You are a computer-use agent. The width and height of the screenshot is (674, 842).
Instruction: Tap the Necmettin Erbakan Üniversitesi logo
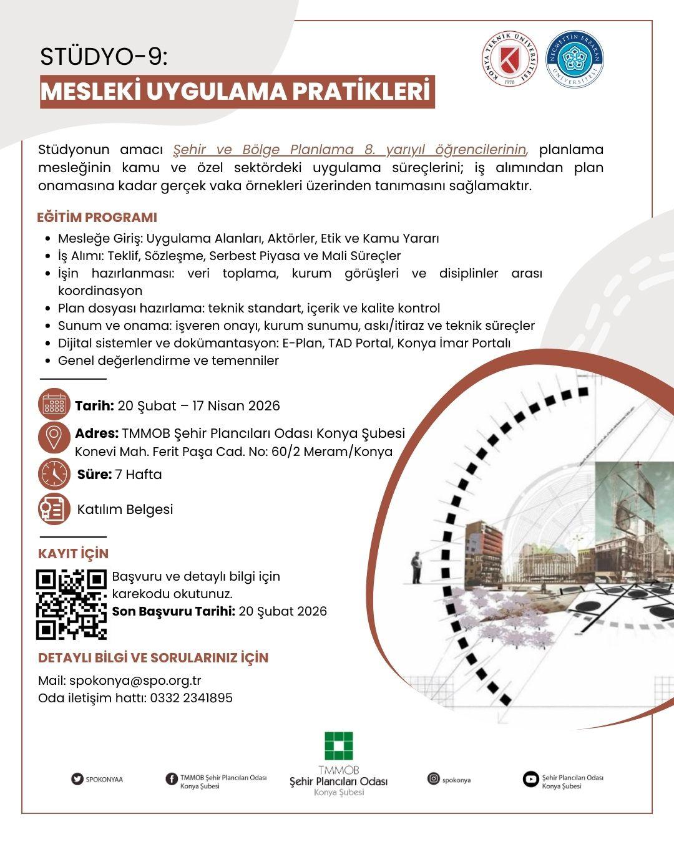[574, 60]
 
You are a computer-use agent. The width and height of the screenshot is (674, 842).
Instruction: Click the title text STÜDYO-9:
[104, 57]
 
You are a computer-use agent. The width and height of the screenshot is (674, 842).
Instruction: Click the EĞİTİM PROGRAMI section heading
[97, 218]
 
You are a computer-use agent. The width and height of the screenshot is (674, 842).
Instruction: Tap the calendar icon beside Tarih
[54, 405]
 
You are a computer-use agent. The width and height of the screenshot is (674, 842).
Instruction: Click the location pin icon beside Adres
[54, 437]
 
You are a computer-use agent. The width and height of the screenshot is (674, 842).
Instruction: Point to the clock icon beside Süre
[54, 474]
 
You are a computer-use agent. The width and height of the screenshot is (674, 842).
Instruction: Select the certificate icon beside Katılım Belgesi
[54, 509]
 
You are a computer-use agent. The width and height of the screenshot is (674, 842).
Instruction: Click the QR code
[72, 604]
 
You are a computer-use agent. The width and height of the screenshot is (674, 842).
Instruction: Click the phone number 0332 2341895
[191, 698]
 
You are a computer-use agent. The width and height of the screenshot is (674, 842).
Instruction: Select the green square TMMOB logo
[338, 747]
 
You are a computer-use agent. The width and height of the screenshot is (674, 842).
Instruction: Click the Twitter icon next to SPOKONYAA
[77, 779]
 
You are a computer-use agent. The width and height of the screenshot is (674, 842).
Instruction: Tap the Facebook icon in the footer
[172, 779]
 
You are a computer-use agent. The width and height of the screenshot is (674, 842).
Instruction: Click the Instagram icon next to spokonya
[434, 779]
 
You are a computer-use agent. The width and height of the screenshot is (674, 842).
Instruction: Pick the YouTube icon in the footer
[530, 779]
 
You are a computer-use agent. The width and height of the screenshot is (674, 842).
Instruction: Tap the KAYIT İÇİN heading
[73, 554]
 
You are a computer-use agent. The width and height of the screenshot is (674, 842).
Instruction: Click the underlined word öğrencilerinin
[481, 150]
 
